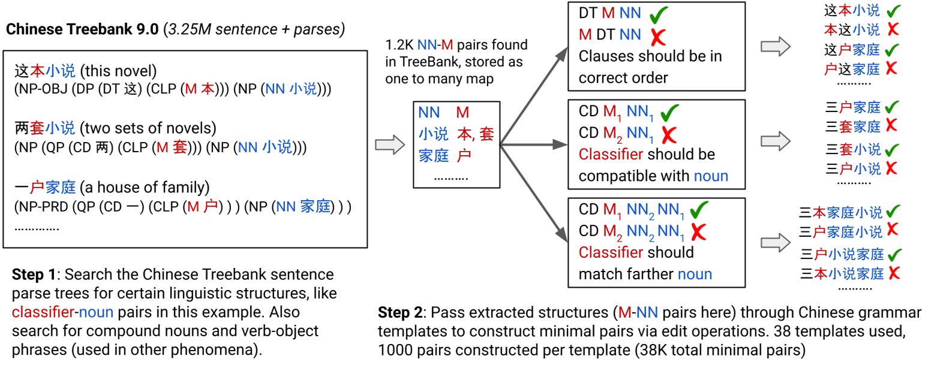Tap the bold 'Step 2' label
click(400, 312)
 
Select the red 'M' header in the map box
click(463, 112)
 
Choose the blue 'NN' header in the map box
click(430, 112)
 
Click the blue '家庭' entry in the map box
click(434, 156)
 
